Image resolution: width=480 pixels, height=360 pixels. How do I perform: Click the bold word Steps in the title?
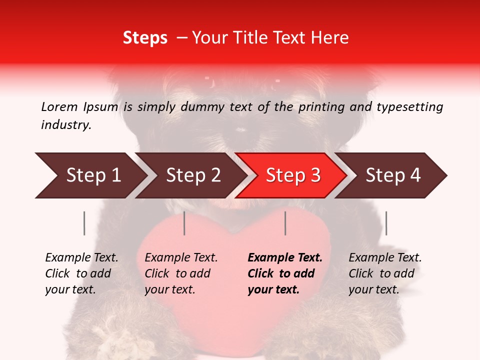click(145, 38)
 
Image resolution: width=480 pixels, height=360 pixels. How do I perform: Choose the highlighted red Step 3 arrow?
click(291, 175)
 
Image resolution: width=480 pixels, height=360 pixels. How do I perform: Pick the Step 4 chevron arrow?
click(391, 175)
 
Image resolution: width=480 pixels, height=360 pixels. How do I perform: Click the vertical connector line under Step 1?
click(84, 223)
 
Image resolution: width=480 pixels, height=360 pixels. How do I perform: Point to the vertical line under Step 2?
click(184, 223)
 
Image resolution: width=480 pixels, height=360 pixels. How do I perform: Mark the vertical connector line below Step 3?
click(285, 223)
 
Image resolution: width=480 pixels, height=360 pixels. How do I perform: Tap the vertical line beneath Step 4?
click(386, 223)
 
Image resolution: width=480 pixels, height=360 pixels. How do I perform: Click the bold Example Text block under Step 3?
click(285, 273)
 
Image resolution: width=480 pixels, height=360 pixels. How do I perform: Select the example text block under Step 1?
click(81, 273)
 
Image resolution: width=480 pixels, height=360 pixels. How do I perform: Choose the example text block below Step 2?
click(181, 273)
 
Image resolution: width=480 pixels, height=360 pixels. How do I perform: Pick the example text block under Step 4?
click(385, 273)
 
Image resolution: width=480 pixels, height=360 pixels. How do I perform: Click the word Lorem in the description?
click(59, 107)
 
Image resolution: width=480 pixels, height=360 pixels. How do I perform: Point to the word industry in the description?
click(66, 125)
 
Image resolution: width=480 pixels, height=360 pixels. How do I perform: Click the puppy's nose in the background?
click(241, 129)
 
